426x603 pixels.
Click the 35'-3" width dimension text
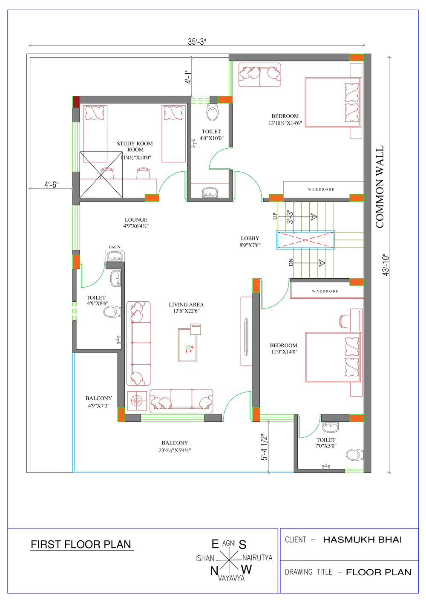pyautogui.click(x=197, y=42)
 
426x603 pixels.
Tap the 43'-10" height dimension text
pyautogui.click(x=386, y=265)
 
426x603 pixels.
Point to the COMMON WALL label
pyautogui.click(x=380, y=187)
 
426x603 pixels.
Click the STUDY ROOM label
pyautogui.click(x=135, y=144)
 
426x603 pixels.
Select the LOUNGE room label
pyautogui.click(x=136, y=219)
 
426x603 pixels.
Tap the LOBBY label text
pyautogui.click(x=250, y=238)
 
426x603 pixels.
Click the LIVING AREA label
pyautogui.click(x=186, y=304)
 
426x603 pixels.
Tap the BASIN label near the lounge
pyautogui.click(x=115, y=247)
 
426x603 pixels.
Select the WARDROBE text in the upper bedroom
pyautogui.click(x=321, y=190)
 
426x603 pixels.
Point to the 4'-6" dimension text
pyautogui.click(x=52, y=185)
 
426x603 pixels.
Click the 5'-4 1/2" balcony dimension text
pyautogui.click(x=264, y=447)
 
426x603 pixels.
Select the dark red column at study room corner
pyautogui.click(x=76, y=102)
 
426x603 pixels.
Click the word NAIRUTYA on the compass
pyautogui.click(x=258, y=557)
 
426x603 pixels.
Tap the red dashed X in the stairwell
pyautogui.click(x=305, y=240)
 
